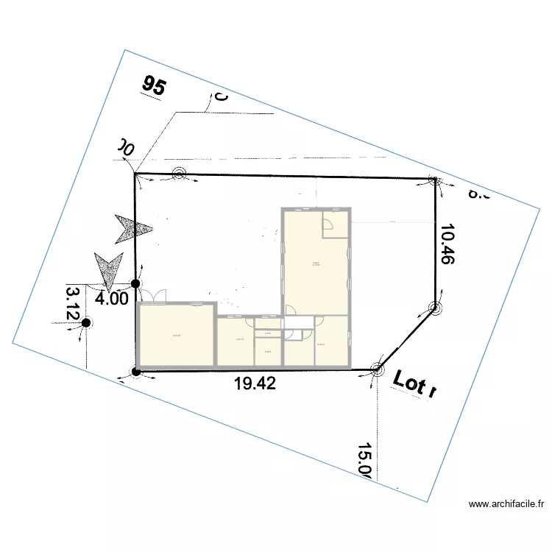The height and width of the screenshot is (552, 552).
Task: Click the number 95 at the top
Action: click(x=155, y=86)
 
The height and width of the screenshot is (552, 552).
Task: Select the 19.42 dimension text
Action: click(x=255, y=383)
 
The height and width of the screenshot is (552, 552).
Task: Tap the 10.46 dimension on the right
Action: click(x=446, y=245)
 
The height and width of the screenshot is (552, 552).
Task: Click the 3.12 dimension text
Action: click(x=72, y=303)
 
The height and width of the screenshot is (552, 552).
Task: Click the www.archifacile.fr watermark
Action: click(x=506, y=504)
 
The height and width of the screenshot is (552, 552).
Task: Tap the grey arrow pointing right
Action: click(x=132, y=228)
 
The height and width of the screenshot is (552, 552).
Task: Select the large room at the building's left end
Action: click(x=175, y=336)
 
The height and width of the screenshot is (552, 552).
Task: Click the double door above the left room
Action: click(x=154, y=297)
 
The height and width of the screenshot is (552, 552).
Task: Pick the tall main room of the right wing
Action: click(x=315, y=265)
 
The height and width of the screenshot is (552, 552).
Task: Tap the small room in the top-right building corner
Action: click(x=334, y=224)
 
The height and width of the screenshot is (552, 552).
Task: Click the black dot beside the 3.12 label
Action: click(x=86, y=322)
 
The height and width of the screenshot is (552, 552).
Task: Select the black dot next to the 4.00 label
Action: click(x=135, y=283)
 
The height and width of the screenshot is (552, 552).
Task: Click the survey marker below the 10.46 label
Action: click(x=435, y=308)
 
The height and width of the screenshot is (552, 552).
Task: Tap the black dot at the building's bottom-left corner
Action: click(x=135, y=370)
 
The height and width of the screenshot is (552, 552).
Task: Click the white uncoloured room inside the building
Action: click(x=297, y=322)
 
